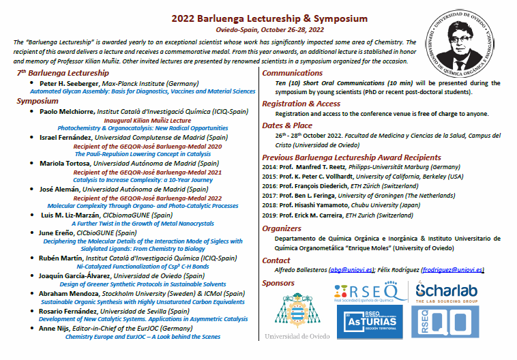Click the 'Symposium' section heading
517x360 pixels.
click(42, 100)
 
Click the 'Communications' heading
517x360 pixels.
click(293, 72)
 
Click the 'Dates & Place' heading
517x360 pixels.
click(288, 125)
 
